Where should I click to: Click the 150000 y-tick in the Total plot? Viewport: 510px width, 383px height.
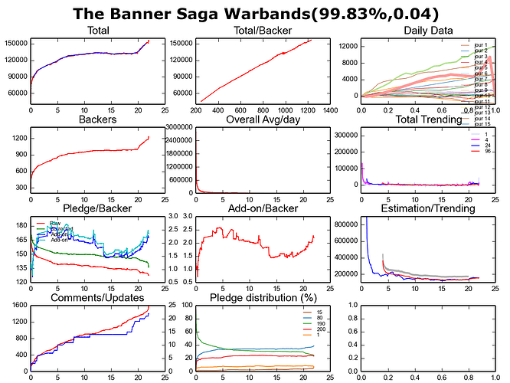[15, 43]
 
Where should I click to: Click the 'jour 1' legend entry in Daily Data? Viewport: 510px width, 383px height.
[481, 46]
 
